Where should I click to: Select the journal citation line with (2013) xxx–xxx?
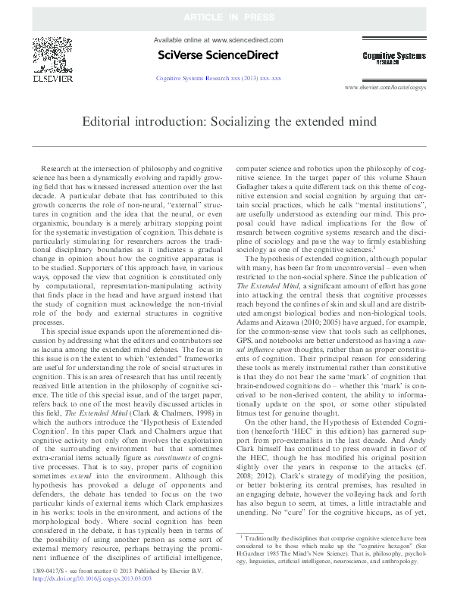[x=218, y=78]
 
